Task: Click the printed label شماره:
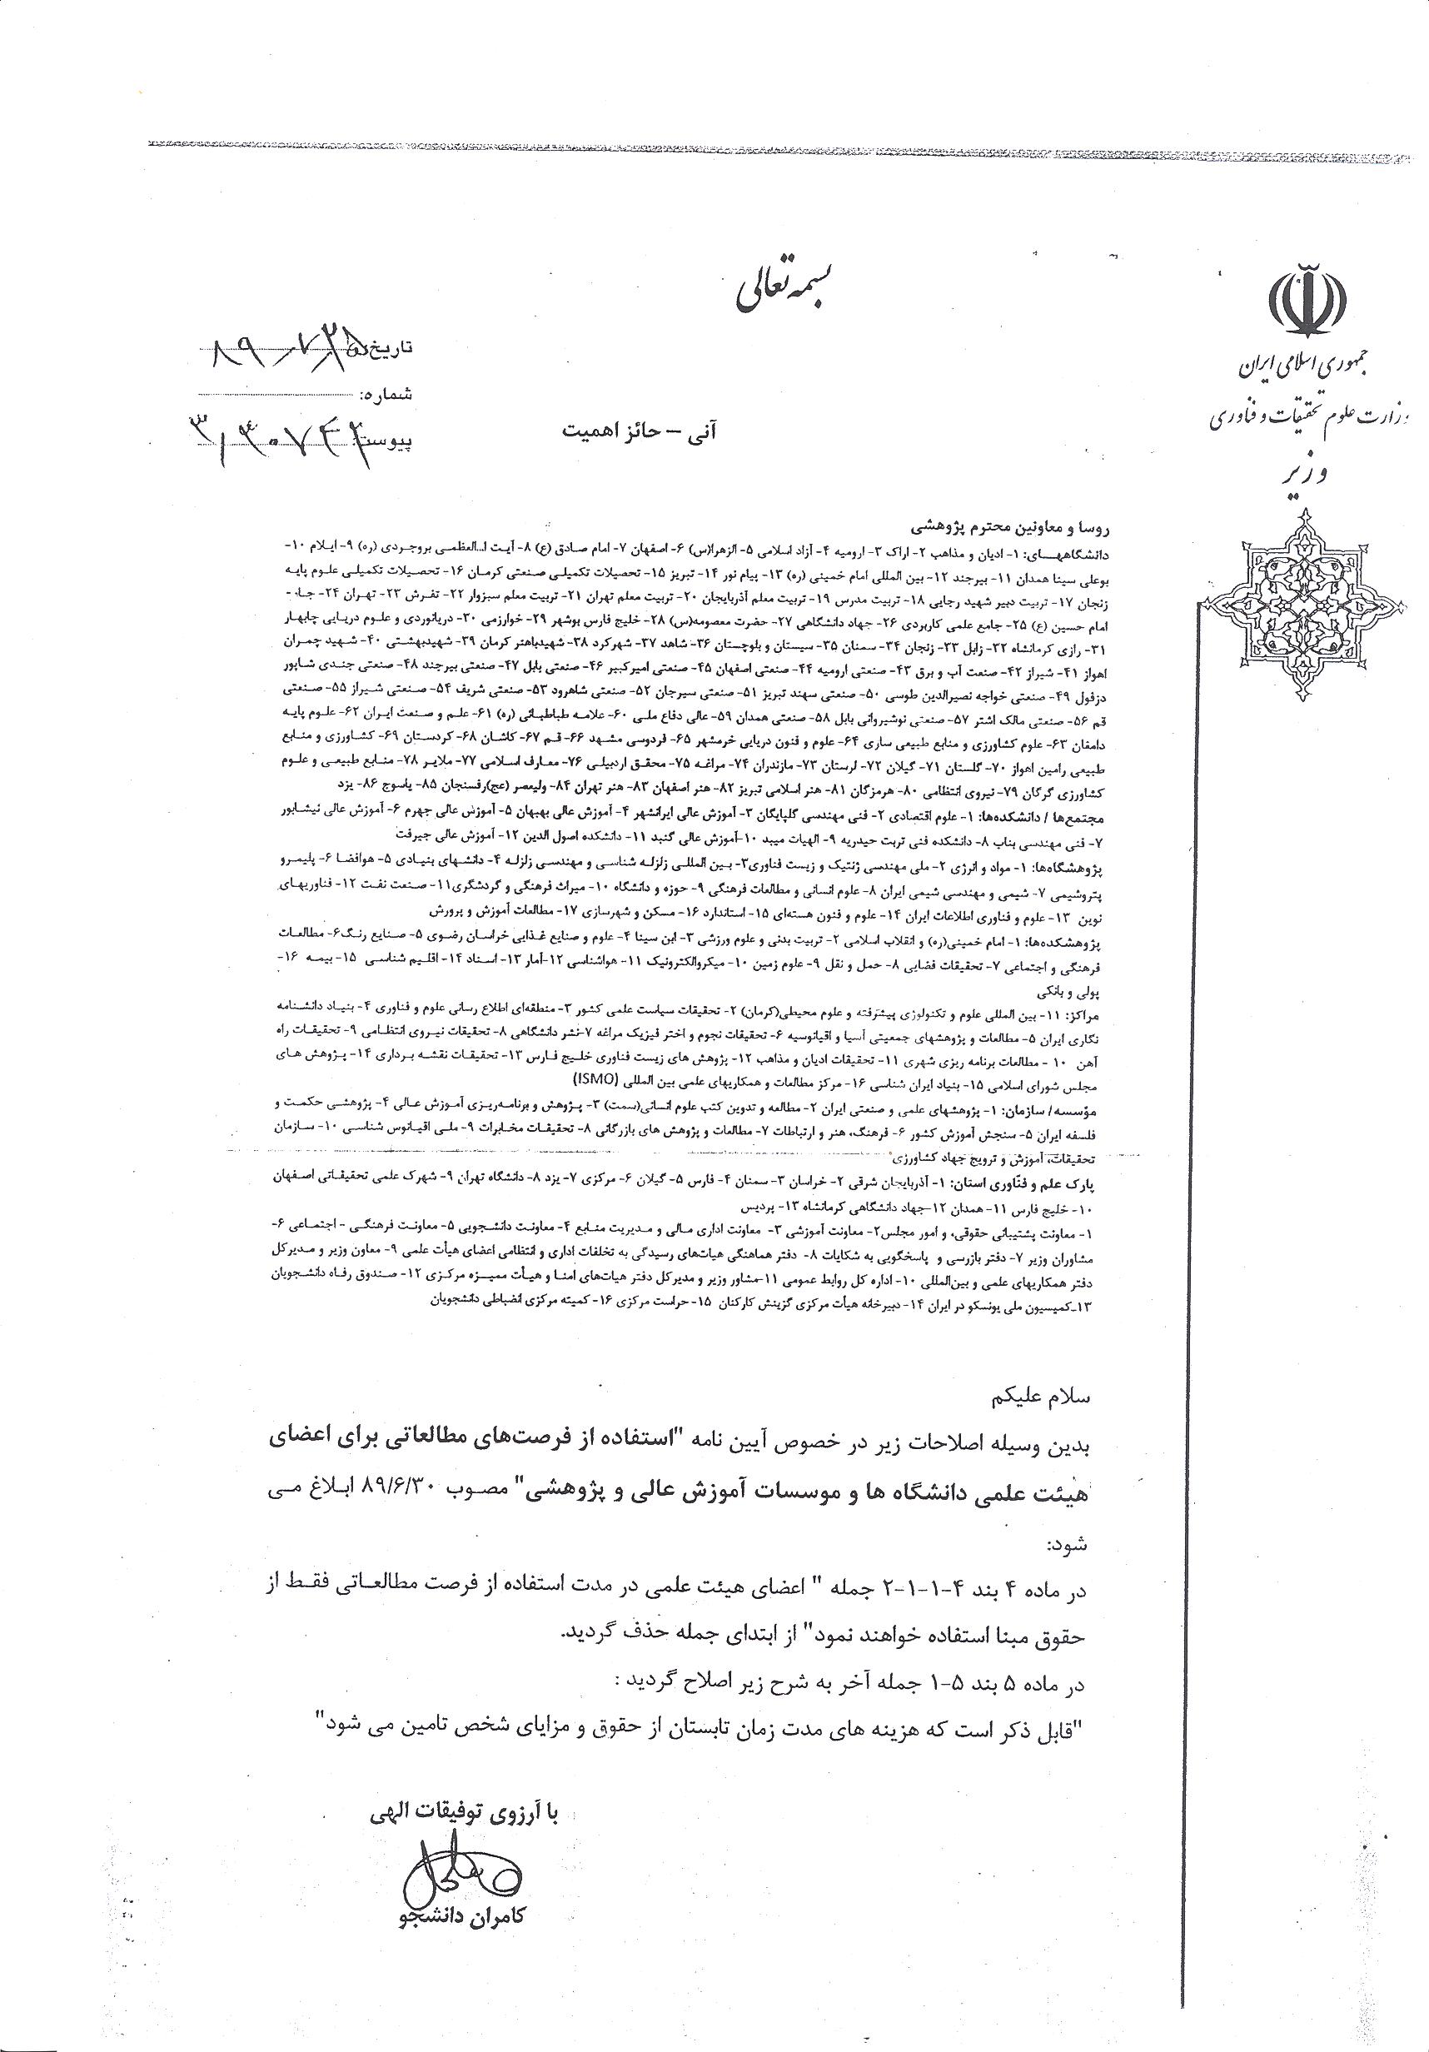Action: pyautogui.click(x=386, y=393)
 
